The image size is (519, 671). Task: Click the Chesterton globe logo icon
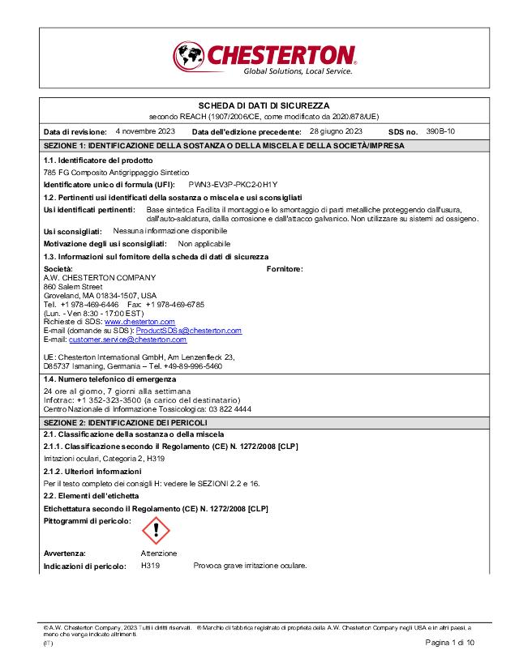click(190, 57)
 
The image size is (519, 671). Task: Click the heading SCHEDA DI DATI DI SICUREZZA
click(264, 106)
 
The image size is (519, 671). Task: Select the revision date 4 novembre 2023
click(145, 130)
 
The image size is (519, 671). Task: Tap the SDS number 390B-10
click(440, 130)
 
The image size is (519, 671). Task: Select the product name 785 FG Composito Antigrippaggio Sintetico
click(116, 173)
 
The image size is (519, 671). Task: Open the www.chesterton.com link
click(140, 322)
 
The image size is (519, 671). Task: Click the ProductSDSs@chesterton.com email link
click(188, 331)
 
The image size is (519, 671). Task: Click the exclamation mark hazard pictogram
click(156, 531)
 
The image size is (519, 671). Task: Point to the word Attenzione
click(159, 553)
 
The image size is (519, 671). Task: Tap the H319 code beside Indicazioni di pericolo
click(150, 566)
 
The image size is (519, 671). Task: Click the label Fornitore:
click(285, 268)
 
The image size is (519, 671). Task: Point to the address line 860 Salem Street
click(73, 286)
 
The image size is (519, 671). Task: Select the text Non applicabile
click(204, 243)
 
